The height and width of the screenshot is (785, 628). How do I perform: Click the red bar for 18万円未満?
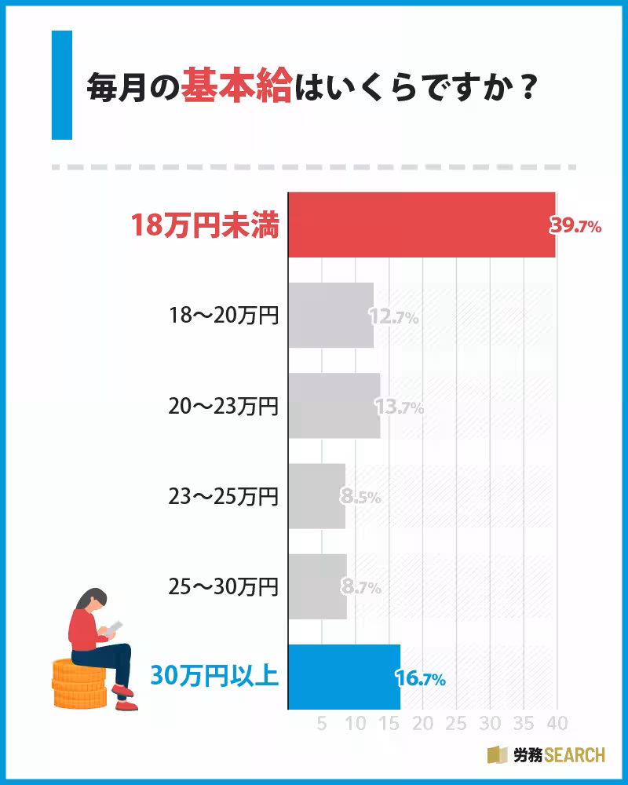pos(422,225)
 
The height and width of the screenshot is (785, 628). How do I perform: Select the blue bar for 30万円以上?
pos(345,677)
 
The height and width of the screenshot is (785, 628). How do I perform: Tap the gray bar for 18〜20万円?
pos(330,316)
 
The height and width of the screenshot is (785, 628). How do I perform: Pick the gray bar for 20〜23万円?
pos(334,406)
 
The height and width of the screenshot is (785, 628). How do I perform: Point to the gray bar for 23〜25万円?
pos(317,496)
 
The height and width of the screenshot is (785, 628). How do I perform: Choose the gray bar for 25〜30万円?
pos(318,586)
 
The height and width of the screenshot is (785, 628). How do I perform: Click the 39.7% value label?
pos(575,227)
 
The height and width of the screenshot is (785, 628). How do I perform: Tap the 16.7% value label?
pos(422,678)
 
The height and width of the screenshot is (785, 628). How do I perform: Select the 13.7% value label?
pos(400,407)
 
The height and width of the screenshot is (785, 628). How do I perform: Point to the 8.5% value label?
pos(360,497)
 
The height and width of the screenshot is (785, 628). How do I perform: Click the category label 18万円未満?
pos(205,226)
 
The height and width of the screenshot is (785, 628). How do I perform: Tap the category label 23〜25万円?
pos(224,496)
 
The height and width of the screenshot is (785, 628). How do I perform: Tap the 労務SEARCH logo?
pos(546,755)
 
